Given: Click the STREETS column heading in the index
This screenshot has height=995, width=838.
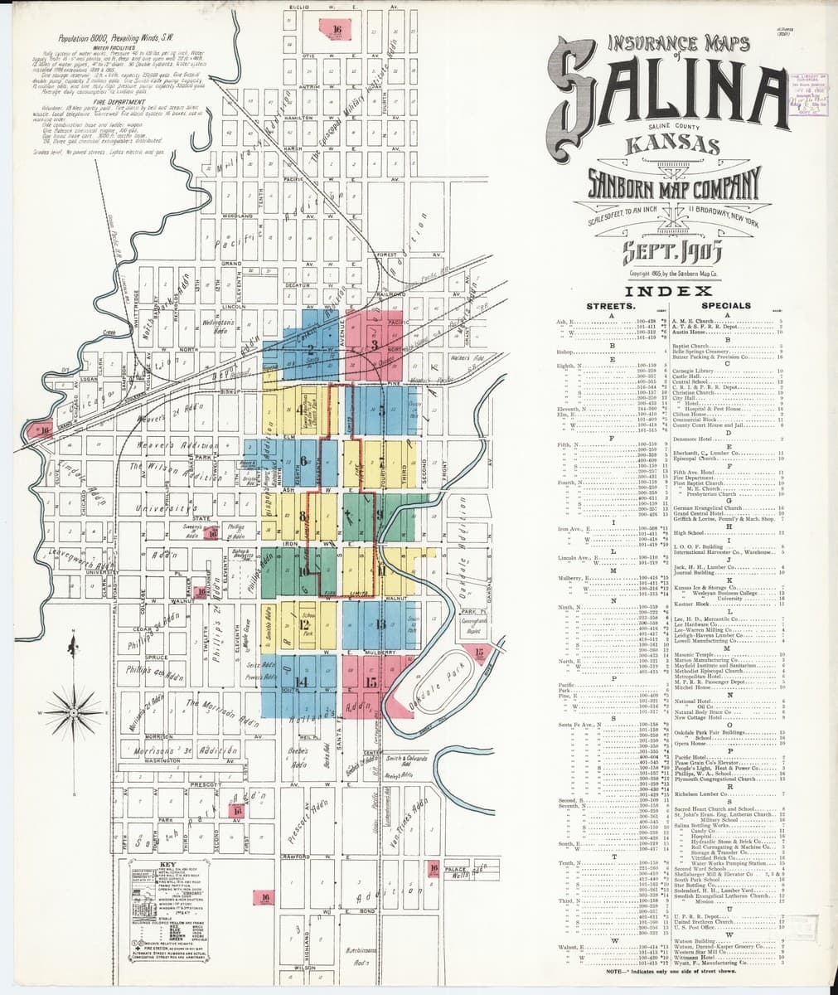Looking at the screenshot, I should [x=610, y=306].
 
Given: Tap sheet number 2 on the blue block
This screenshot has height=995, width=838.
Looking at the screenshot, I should [x=310, y=349].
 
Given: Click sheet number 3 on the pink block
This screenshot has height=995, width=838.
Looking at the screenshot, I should [x=375, y=344].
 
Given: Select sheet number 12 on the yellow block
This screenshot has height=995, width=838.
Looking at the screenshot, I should [x=303, y=624].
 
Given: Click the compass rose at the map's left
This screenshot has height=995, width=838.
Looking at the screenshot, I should [x=73, y=711].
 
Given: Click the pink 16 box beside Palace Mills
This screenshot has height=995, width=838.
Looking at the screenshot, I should [x=433, y=868].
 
